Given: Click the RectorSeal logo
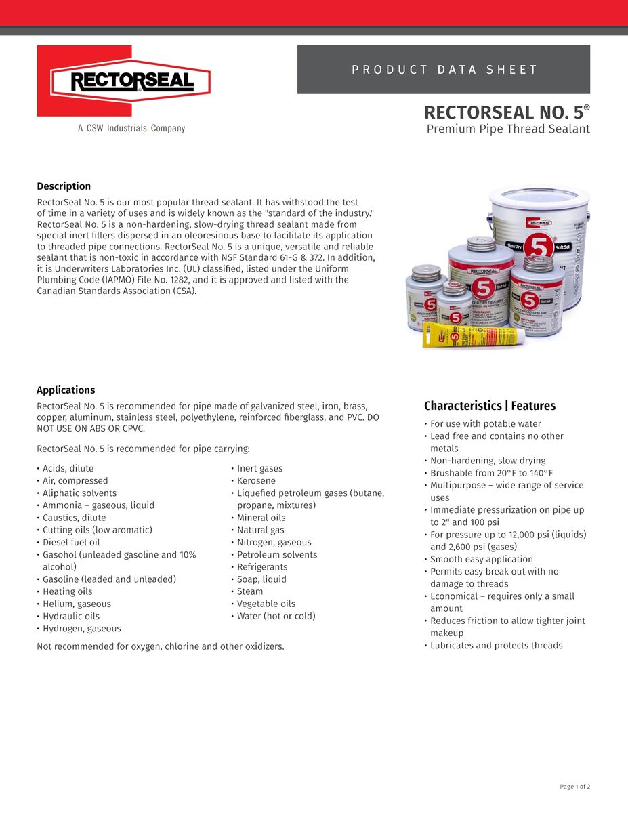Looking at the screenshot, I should tap(123, 81).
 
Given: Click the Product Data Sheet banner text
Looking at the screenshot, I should tap(444, 70).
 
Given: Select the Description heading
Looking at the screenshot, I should tap(64, 186).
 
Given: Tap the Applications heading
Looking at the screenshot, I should tap(66, 390).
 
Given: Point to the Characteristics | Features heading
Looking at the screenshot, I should tap(489, 406).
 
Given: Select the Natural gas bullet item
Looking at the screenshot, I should tap(260, 530).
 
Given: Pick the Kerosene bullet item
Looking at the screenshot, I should tap(256, 480).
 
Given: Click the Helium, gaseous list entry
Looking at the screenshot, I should tap(77, 604).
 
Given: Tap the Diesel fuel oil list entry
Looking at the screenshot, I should tap(71, 542).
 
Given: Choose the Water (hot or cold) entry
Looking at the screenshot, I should tap(276, 616).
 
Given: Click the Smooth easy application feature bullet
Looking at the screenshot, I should tap(481, 559).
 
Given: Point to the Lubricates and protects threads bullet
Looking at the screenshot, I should tap(496, 645).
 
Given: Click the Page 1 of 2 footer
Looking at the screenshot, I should tap(574, 787).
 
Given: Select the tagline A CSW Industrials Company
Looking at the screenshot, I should tap(131, 128).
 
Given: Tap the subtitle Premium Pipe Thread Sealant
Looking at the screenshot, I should tap(508, 129).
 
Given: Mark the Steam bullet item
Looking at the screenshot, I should tap(250, 591).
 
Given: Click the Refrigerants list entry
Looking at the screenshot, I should tap(262, 566).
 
